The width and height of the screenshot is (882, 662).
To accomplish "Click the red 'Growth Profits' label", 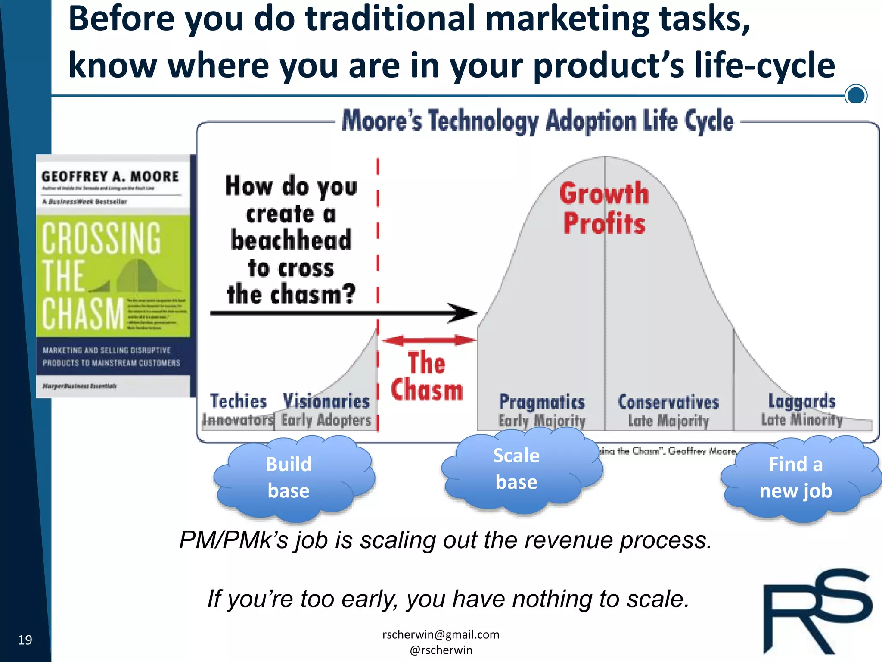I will click(x=604, y=208).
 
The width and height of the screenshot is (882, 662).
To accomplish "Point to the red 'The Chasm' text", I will click(x=427, y=376).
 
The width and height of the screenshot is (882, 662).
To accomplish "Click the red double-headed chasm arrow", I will click(x=429, y=340).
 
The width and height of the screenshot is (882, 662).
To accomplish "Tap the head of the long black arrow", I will click(x=463, y=313).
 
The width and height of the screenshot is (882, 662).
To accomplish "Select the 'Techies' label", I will click(x=239, y=401).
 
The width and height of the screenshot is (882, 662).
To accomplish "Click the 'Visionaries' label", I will click(x=326, y=401).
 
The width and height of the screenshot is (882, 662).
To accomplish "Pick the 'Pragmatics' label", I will click(x=542, y=402).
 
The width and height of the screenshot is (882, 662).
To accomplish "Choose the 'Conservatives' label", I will click(x=668, y=402).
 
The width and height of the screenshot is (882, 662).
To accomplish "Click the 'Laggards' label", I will click(x=802, y=401).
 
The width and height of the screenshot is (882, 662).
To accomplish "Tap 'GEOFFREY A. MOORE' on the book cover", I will click(x=110, y=176).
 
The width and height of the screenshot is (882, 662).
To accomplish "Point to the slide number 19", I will click(x=25, y=640).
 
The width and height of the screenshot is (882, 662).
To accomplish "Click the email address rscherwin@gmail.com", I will click(x=441, y=634).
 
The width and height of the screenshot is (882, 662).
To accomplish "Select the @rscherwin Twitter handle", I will click(x=441, y=650).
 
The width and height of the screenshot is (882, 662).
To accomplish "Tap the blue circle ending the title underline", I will click(x=856, y=94).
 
